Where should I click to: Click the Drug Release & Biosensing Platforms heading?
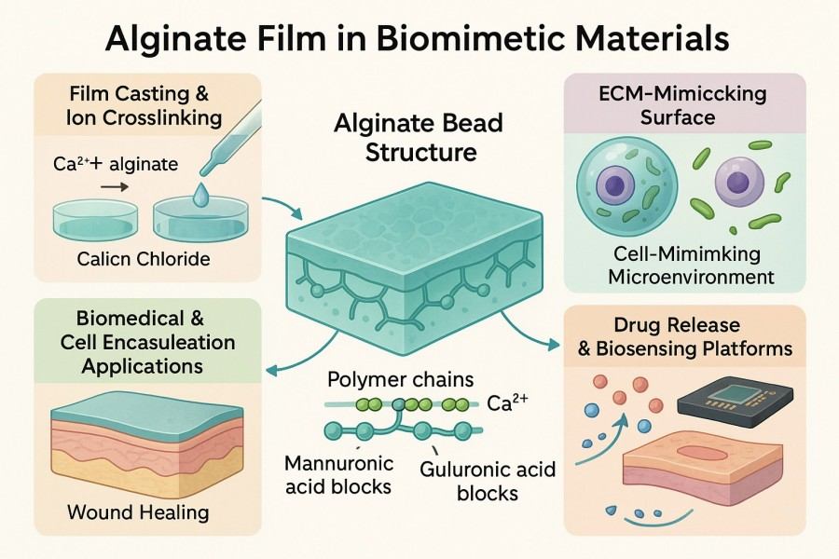tap(690, 337)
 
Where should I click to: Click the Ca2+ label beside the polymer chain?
tap(508, 404)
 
